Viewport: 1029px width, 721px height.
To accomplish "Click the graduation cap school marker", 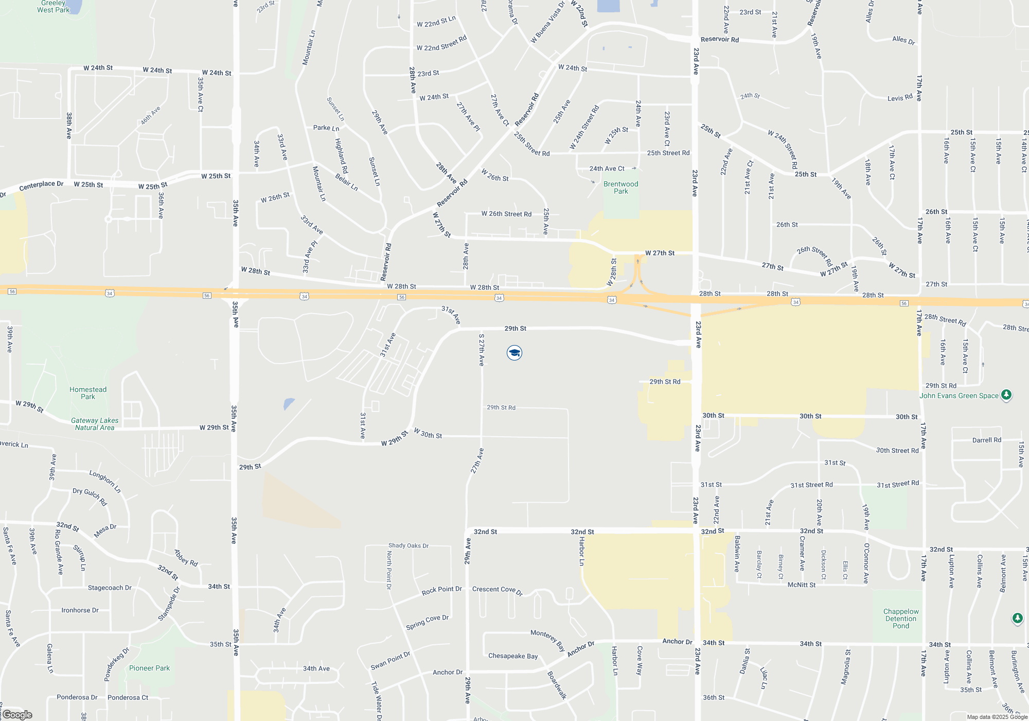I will tap(514, 353).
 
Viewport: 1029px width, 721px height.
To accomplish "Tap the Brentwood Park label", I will tap(620, 187).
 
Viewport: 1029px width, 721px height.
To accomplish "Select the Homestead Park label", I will tap(88, 393).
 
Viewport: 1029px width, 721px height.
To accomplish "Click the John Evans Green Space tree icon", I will tap(1006, 396).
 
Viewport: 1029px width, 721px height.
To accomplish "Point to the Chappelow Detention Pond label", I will tap(901, 619).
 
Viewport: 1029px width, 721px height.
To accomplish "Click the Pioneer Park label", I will tap(149, 668).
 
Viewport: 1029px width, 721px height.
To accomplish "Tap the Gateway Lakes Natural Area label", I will tap(95, 424).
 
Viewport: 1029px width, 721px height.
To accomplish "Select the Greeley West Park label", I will tap(53, 7).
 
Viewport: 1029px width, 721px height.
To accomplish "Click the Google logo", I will tap(17, 714).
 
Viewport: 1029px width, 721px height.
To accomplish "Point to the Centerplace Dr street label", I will tap(41, 185).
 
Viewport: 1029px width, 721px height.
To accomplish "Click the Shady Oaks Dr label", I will tap(409, 545).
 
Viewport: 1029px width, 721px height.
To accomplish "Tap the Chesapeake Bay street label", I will tap(513, 656).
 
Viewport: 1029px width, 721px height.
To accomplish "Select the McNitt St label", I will tap(802, 585).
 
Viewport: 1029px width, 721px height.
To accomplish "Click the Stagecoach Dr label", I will tap(110, 588).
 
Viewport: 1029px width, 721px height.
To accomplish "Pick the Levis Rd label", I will tap(900, 98).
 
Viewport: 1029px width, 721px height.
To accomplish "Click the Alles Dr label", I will tap(903, 40).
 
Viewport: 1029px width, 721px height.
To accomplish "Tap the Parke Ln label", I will tap(326, 128).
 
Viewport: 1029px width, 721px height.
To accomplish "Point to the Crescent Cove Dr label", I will tap(498, 590).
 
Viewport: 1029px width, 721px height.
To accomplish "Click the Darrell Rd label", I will tap(987, 440).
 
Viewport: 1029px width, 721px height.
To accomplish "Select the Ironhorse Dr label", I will tap(80, 610).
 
